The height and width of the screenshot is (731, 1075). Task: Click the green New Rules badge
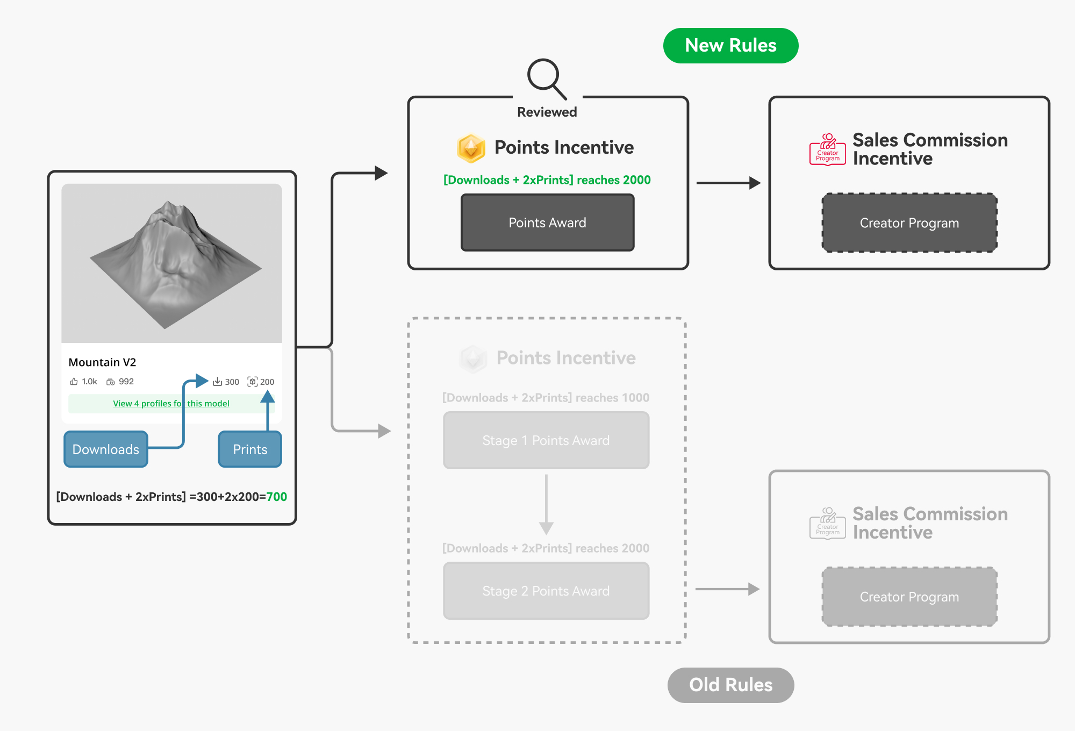pyautogui.click(x=730, y=46)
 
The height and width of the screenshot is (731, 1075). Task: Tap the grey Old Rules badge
pyautogui.click(x=730, y=685)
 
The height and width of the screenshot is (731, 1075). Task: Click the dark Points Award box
pyautogui.click(x=547, y=223)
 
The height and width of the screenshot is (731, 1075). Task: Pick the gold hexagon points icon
pyautogui.click(x=471, y=148)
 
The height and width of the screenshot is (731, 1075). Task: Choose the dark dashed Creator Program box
pyautogui.click(x=909, y=223)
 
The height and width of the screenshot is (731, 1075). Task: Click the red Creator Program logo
pyautogui.click(x=828, y=149)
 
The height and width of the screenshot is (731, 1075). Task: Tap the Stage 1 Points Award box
pyautogui.click(x=546, y=440)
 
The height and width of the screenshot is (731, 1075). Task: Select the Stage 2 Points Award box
pyautogui.click(x=546, y=591)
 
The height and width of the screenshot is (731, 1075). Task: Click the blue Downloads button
pyautogui.click(x=106, y=449)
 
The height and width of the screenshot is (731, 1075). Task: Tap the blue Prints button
pyautogui.click(x=250, y=449)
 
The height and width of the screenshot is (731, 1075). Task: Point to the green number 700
pyautogui.click(x=277, y=497)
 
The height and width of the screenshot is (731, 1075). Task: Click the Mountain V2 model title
pyautogui.click(x=102, y=362)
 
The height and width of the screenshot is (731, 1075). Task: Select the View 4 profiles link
pyautogui.click(x=171, y=404)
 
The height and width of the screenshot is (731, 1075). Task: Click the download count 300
pyautogui.click(x=232, y=382)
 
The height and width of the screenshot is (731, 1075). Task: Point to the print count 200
pyautogui.click(x=267, y=382)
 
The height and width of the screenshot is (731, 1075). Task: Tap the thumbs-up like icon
pyautogui.click(x=74, y=382)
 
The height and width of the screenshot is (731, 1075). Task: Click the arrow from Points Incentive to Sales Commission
pyautogui.click(x=728, y=183)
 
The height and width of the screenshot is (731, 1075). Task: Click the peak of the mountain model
pyautogui.click(x=168, y=203)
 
